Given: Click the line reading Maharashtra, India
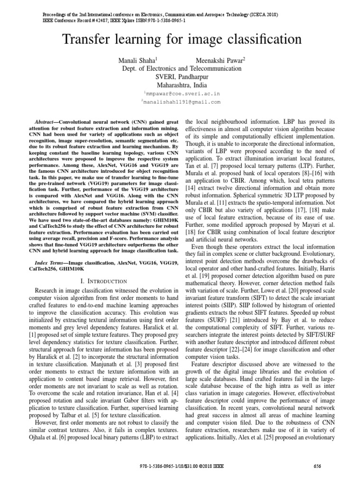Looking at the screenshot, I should click(x=182, y=85).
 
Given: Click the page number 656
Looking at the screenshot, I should click(x=318, y=466).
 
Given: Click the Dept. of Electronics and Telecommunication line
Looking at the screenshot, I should click(x=182, y=68).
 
